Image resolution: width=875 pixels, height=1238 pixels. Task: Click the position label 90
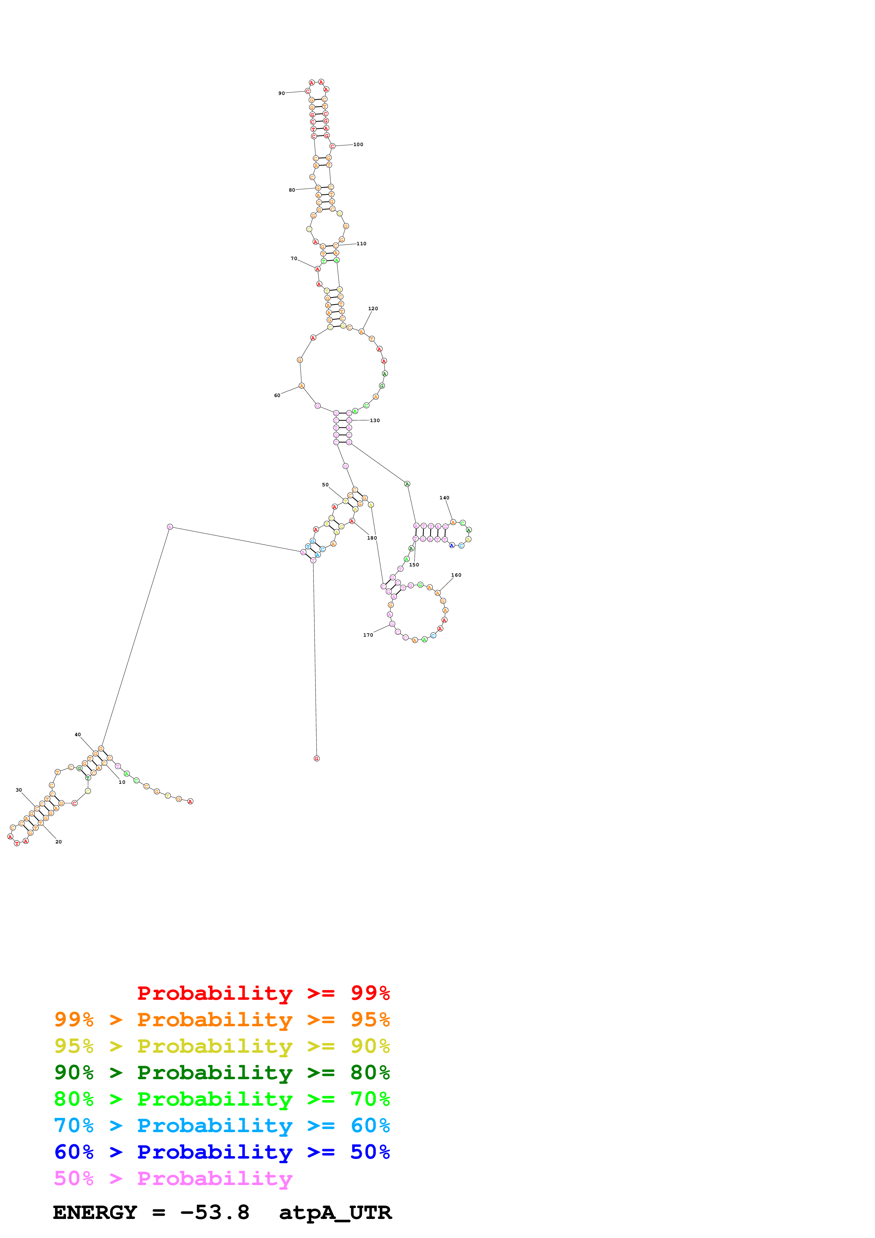click(281, 93)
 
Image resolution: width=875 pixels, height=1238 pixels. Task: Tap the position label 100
click(358, 144)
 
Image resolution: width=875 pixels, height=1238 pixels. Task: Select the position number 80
click(292, 190)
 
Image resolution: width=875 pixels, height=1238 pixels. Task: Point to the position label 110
click(361, 244)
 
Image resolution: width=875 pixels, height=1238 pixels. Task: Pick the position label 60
click(277, 395)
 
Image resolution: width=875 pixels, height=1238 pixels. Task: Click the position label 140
click(444, 498)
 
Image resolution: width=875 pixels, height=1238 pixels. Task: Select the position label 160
click(456, 575)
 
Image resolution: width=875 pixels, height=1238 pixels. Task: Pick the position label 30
click(19, 789)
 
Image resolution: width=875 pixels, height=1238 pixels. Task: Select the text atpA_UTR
click(335, 1212)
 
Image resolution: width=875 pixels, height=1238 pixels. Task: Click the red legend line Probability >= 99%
click(263, 993)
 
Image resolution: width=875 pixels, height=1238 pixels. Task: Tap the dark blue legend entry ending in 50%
click(222, 1152)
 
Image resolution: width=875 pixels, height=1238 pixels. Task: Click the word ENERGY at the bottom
click(95, 1212)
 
